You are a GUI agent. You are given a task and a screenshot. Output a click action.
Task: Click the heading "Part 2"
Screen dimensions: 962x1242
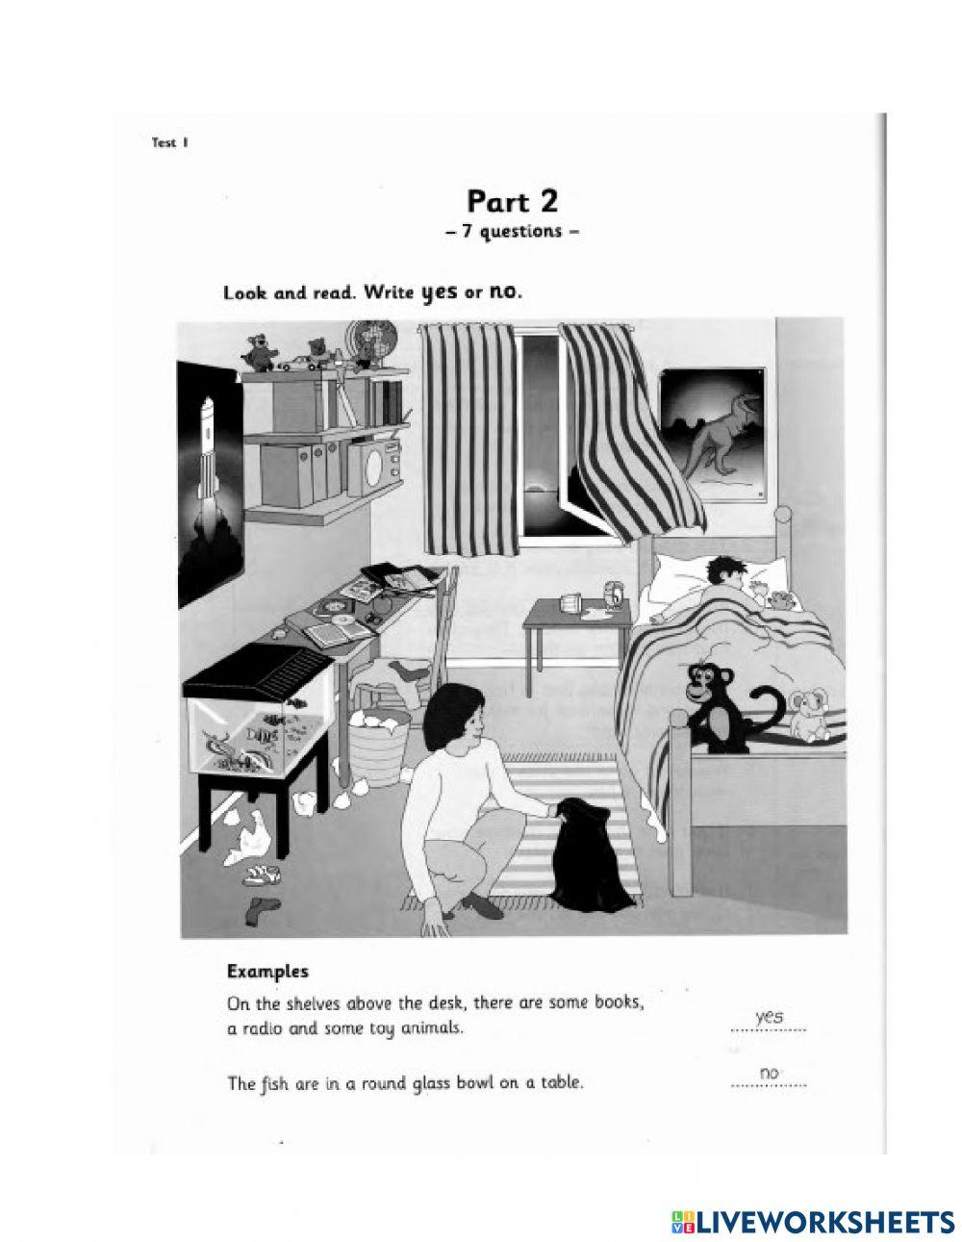(x=512, y=201)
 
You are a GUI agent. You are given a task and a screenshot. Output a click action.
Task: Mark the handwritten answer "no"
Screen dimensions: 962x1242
(x=769, y=1073)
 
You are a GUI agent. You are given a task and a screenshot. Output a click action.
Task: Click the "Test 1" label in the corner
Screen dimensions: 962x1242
(x=169, y=143)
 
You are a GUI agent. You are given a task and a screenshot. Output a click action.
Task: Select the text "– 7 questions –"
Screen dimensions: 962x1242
(x=512, y=232)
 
